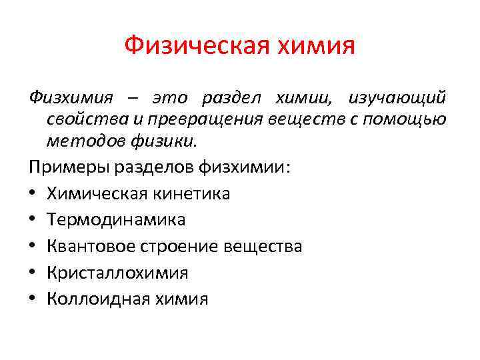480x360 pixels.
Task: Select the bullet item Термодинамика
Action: point(116,219)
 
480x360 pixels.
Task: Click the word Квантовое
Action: point(91,246)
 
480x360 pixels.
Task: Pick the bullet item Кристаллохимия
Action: point(117,273)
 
